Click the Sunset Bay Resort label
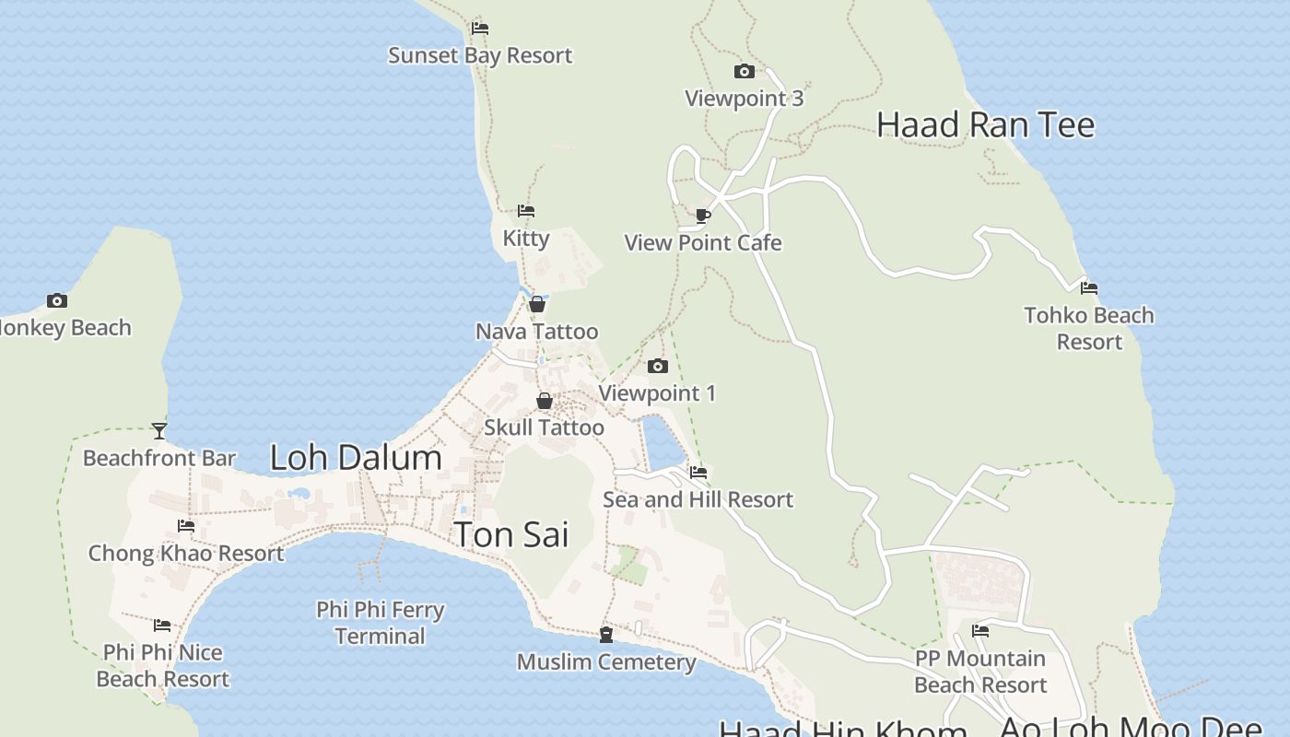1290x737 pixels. [480, 55]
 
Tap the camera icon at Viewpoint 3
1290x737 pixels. [744, 71]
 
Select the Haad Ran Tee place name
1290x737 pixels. [985, 124]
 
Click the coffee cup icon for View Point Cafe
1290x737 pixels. [703, 216]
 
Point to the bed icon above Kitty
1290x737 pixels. [526, 211]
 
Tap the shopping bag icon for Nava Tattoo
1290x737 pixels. [537, 304]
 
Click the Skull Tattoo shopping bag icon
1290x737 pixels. [545, 401]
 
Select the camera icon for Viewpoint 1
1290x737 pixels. [657, 366]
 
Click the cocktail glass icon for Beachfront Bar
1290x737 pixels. [159, 430]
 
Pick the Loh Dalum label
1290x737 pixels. [356, 458]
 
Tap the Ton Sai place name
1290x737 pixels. [511, 534]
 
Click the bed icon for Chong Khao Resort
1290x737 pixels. [186, 526]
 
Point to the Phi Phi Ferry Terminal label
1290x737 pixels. [381, 623]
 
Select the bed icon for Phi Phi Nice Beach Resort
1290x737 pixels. [162, 626]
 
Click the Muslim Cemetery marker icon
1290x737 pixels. [606, 635]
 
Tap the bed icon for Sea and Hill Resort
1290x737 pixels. [698, 473]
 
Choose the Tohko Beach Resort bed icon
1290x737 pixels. [1089, 288]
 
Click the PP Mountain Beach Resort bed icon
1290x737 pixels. [980, 631]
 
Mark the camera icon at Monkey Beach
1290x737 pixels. [57, 300]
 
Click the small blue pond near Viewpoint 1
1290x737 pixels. [663, 443]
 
